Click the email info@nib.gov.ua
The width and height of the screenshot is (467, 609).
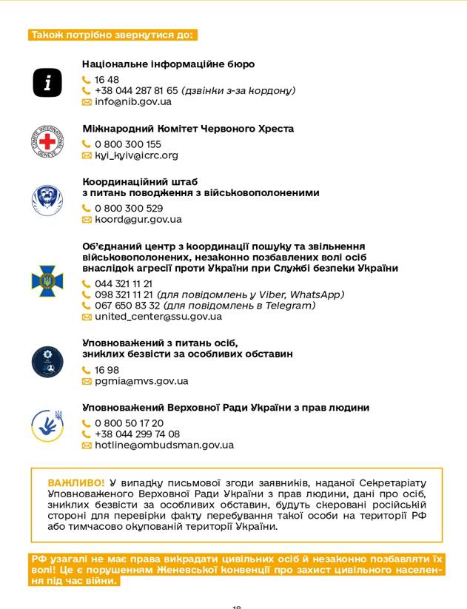(x=132, y=102)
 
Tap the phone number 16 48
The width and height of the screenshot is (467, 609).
(x=107, y=80)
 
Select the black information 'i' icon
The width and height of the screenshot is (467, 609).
(x=47, y=83)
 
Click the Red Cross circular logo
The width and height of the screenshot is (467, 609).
(x=47, y=141)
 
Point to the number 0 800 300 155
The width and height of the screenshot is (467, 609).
(x=127, y=144)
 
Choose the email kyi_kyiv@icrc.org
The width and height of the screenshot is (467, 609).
(x=136, y=155)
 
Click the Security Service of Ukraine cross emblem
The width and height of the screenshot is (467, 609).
(x=47, y=280)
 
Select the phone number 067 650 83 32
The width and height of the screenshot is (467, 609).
(x=127, y=306)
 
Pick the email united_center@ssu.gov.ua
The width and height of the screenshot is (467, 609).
(x=158, y=317)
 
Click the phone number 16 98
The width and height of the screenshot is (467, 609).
(x=107, y=370)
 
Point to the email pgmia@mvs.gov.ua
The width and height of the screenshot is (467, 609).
(x=141, y=381)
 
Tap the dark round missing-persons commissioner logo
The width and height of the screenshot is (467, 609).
(x=47, y=362)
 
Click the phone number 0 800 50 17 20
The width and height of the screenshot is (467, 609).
(x=129, y=423)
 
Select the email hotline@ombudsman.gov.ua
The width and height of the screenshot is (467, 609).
(x=164, y=445)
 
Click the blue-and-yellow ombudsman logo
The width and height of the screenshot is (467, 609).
(x=47, y=426)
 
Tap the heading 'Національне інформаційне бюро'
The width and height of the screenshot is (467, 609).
(x=168, y=64)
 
